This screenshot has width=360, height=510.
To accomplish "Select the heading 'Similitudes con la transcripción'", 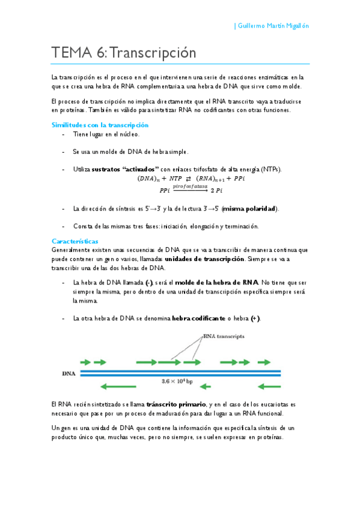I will click(100, 124).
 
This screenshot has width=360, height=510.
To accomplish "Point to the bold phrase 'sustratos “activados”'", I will click(125, 169).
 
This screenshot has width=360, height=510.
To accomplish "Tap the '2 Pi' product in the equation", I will click(215, 191).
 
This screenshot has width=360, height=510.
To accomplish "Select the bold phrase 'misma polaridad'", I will click(249, 209).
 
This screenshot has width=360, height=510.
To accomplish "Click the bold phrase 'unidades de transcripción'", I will click(204, 259).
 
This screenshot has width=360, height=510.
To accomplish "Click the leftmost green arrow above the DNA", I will click(87, 363).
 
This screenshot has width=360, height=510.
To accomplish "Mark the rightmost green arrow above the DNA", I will click(273, 363).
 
